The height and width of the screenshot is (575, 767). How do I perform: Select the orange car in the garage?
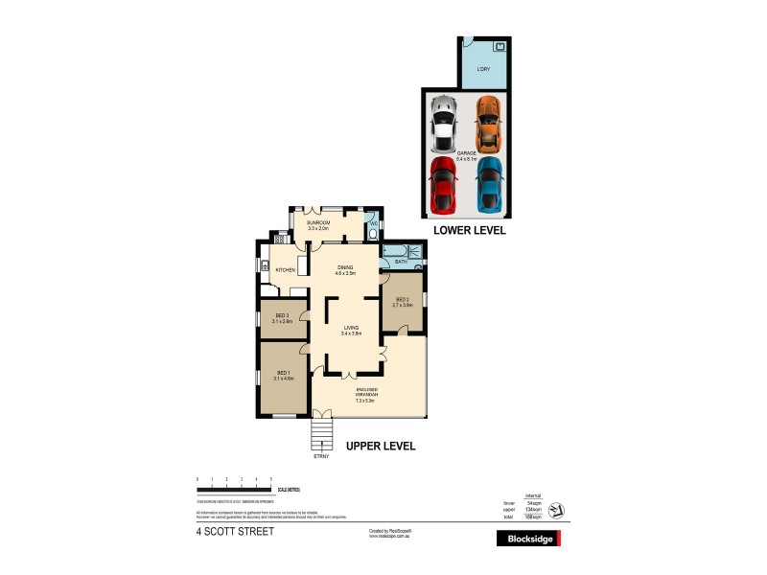coord(489,125)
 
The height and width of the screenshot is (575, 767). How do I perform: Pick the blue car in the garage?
coord(489,185)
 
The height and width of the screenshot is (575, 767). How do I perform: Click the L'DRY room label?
coord(484,71)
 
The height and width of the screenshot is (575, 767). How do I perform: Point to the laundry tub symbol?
coord(499,46)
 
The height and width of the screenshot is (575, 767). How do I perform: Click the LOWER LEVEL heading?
coord(470,231)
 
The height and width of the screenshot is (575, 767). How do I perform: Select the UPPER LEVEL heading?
coord(380,447)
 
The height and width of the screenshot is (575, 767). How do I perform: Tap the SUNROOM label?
coord(318,222)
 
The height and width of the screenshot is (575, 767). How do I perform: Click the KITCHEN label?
coord(285,270)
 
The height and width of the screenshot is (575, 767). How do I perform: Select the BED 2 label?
coord(403,300)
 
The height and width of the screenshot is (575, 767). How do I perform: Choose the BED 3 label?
coord(282,317)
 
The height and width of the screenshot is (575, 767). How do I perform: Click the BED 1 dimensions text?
coord(284,379)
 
